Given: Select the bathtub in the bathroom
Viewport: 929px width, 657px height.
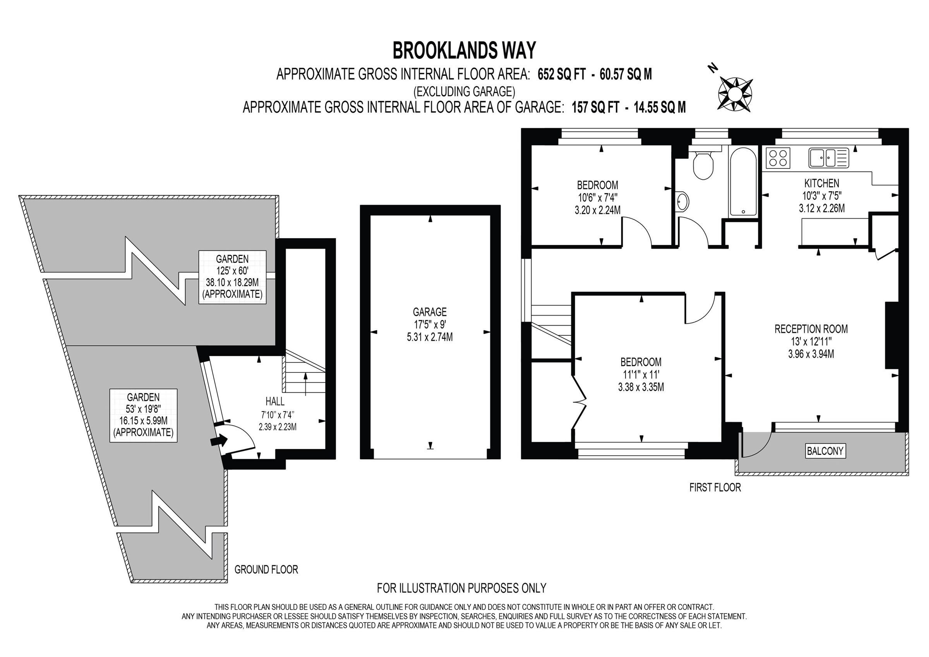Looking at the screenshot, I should tap(743, 180).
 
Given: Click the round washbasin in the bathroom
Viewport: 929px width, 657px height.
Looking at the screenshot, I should tap(682, 201).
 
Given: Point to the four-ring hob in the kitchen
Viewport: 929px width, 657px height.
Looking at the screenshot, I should tap(778, 158).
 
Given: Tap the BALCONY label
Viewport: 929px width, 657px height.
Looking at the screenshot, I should tap(824, 451).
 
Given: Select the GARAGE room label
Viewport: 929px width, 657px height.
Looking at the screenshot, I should tap(430, 312).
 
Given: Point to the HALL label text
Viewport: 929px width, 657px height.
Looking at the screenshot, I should tap(275, 401).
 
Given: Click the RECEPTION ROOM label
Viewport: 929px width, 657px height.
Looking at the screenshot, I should tap(811, 329).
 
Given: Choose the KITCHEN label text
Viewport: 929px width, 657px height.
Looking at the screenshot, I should tap(821, 183).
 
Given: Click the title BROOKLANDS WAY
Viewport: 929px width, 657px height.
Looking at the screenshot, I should tap(464, 51).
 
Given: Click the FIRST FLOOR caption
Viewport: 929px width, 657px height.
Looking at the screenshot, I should tap(715, 487).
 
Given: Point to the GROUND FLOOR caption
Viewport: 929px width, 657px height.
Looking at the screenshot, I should tap(266, 570).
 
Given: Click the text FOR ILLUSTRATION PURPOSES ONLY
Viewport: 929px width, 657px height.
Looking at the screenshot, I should tap(461, 588).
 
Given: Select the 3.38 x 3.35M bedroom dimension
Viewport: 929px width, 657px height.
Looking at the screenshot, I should tap(641, 387).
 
